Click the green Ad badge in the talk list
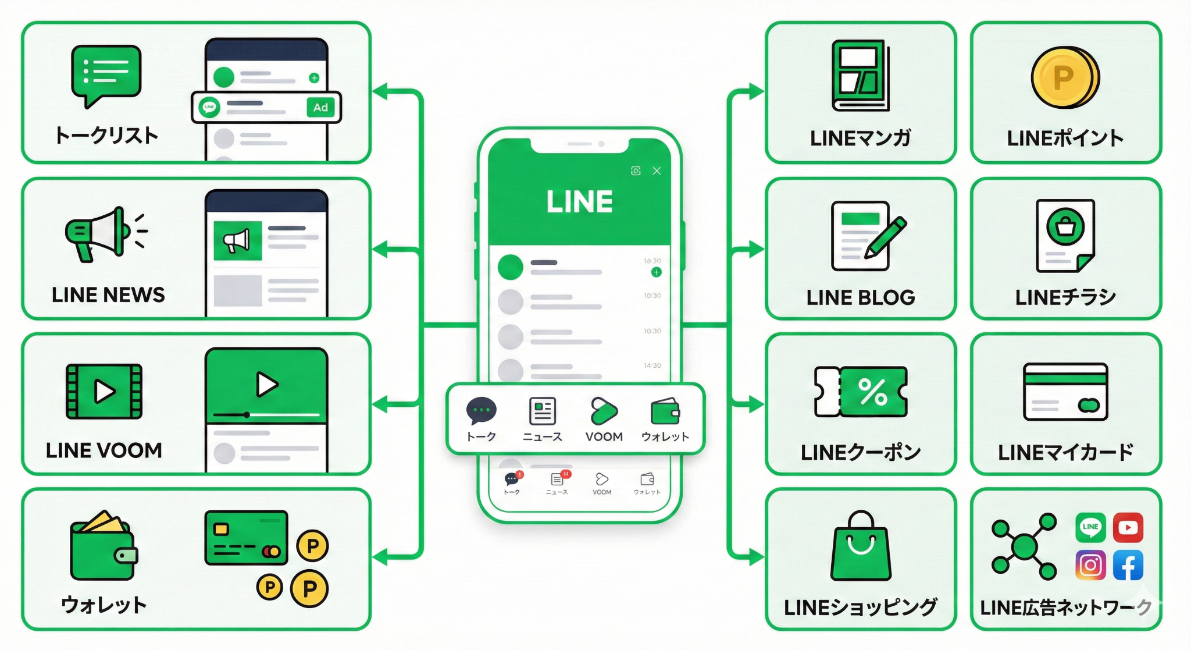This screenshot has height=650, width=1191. [320, 107]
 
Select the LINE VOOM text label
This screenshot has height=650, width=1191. [104, 450]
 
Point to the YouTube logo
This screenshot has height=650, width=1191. [1128, 527]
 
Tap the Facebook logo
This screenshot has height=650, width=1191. [1128, 565]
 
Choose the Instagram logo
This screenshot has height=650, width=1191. [1090, 565]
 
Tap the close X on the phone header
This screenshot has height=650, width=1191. [657, 171]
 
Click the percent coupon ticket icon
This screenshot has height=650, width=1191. [861, 392]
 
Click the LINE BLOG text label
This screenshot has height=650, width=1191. [861, 297]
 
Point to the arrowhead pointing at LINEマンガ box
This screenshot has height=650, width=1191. [756, 91]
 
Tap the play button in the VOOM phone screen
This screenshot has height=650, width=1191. [267, 384]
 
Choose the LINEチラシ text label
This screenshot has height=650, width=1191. [1065, 297]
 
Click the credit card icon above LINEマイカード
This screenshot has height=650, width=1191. [1065, 392]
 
